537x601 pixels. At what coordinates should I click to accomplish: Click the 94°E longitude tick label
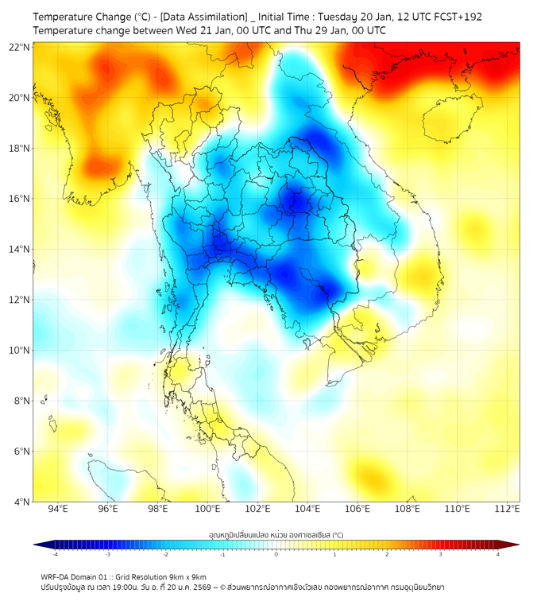[x=58, y=509]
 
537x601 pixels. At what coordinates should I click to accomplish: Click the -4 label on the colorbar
[x=55, y=555]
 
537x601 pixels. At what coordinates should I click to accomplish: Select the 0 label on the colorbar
[x=276, y=555]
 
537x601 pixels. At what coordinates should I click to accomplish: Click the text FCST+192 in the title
[x=454, y=17]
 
